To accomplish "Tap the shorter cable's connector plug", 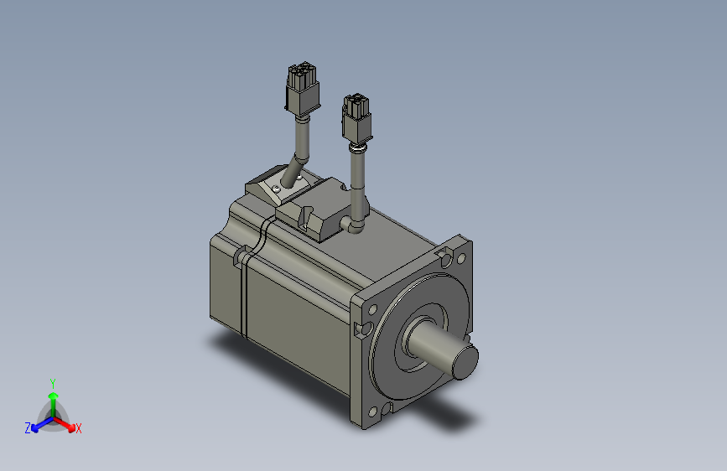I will pyautogui.click(x=356, y=118).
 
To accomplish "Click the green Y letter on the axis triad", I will pyautogui.click(x=52, y=382).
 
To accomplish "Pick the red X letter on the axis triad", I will pyautogui.click(x=79, y=428).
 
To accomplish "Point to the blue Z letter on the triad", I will pyautogui.click(x=28, y=428).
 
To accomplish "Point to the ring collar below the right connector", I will pyautogui.click(x=356, y=149).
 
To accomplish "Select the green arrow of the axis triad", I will pyautogui.click(x=53, y=397).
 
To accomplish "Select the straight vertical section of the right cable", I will pyautogui.click(x=357, y=180).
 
